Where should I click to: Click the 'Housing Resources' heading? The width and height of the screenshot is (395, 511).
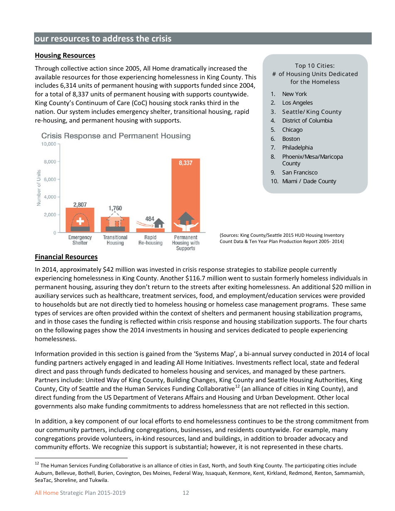[x=65, y=56]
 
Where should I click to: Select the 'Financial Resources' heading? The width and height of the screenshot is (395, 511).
[x=66, y=257]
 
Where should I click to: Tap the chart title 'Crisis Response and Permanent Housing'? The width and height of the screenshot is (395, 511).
[x=116, y=136]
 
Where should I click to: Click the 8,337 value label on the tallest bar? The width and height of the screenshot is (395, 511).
[x=185, y=163]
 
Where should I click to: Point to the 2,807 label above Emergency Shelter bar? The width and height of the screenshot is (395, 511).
[x=80, y=204]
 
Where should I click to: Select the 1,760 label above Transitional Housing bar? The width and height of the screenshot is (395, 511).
[x=115, y=208]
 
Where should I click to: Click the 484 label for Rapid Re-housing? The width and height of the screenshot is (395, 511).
[x=150, y=219]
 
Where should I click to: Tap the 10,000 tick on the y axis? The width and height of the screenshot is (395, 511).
[x=48, y=144]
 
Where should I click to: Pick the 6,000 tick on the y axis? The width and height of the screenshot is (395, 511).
[x=50, y=179]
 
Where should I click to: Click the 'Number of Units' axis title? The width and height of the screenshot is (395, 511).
[x=39, y=188]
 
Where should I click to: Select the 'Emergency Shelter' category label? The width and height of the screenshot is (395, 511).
[x=80, y=240]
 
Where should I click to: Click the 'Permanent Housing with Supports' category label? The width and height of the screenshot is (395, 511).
[x=185, y=243]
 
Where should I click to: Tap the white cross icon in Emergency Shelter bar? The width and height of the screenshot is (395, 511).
[x=80, y=221]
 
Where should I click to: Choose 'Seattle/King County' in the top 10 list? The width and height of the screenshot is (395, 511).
[x=311, y=112]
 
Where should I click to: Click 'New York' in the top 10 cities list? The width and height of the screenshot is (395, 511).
[x=294, y=94]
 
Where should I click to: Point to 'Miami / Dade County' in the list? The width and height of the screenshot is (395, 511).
[x=309, y=181]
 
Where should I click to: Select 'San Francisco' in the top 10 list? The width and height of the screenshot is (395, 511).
[x=299, y=172]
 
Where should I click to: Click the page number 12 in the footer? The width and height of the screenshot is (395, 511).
[x=186, y=493]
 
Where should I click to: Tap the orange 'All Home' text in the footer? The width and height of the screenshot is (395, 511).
[x=47, y=493]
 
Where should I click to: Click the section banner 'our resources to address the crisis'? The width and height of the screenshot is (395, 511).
[x=103, y=39]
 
